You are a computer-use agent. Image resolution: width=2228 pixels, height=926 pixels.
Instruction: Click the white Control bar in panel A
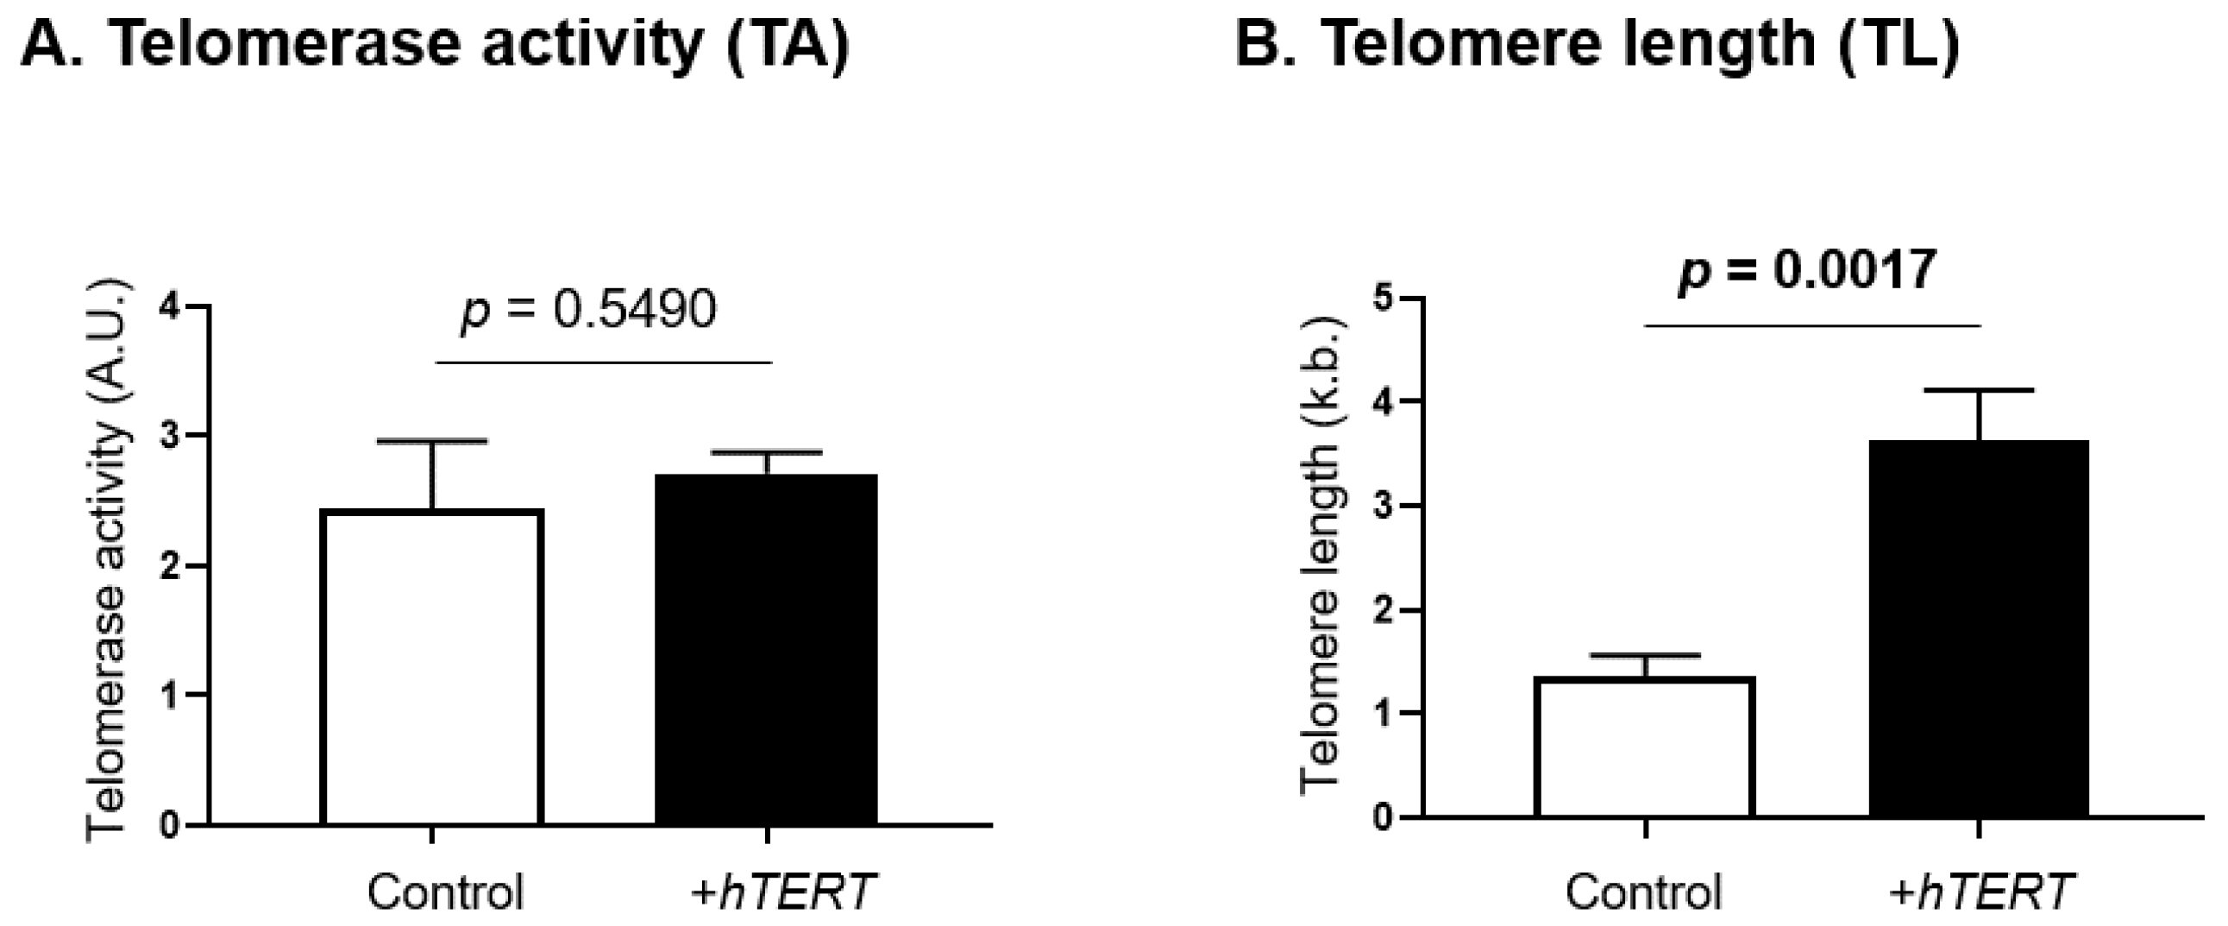point(430,666)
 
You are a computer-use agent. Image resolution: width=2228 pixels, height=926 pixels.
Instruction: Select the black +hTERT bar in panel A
point(766,649)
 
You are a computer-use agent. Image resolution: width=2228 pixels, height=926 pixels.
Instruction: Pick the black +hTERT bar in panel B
point(1979,628)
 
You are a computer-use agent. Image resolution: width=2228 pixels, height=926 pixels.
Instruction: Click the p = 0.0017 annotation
point(1806,272)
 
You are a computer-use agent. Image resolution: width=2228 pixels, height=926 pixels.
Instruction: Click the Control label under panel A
point(445,891)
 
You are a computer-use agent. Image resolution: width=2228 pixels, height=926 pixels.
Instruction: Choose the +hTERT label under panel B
point(1980,891)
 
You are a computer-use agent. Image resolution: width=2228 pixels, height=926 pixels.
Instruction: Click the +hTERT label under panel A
point(783,891)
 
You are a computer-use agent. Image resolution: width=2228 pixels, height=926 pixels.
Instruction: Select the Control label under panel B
point(1643,891)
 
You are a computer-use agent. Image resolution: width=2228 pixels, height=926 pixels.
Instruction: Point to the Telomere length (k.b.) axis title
point(1321,554)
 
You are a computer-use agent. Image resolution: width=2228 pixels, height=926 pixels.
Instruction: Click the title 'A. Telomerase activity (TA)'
point(434,43)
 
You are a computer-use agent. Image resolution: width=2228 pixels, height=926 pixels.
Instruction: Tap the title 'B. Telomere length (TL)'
point(1597,43)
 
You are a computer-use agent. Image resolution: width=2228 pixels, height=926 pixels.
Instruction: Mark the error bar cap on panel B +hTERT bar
point(1979,390)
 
